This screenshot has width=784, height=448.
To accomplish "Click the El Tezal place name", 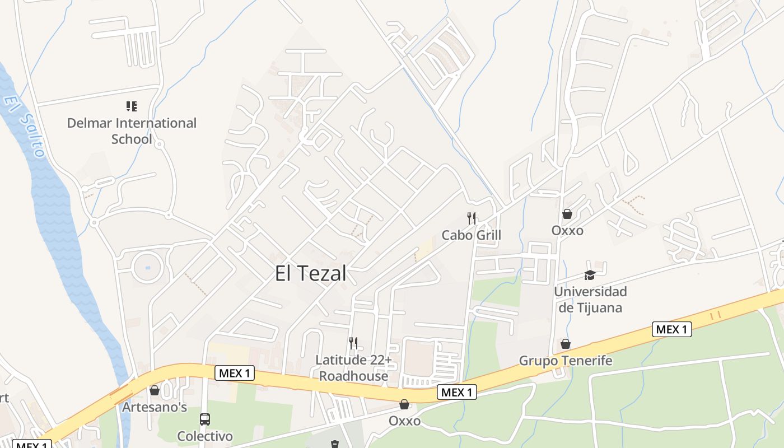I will [x=310, y=273].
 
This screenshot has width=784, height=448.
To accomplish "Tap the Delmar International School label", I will [x=132, y=130].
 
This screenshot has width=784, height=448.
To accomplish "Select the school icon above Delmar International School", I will [x=132, y=106].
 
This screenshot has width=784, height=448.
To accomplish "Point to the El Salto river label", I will [x=24, y=126].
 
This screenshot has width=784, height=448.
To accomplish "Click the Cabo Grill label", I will [x=471, y=235].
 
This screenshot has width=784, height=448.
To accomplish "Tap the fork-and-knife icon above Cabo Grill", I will [x=472, y=218].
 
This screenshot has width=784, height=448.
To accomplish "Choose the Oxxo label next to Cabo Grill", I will [x=567, y=230].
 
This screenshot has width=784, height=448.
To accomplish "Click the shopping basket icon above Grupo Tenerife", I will [x=566, y=343].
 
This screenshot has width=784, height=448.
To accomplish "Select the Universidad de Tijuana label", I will [x=590, y=300].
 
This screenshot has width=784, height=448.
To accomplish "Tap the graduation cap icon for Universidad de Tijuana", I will [x=590, y=274].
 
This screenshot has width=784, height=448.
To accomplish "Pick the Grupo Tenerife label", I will [x=566, y=361].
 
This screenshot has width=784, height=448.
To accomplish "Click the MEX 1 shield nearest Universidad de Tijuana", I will [x=671, y=329].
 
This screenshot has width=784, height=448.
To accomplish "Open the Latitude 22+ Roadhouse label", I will [x=353, y=368].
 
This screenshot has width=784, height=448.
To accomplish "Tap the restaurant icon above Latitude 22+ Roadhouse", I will [x=353, y=343].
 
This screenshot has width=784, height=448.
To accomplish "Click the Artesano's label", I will [x=155, y=407].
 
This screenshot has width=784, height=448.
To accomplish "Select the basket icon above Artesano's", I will [x=155, y=390].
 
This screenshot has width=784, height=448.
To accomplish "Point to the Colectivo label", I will [x=205, y=436].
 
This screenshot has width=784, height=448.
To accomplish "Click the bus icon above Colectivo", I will [x=205, y=419].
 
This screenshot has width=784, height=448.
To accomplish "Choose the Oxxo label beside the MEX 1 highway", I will [x=404, y=421].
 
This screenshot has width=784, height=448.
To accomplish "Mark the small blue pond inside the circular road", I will [x=148, y=268].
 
